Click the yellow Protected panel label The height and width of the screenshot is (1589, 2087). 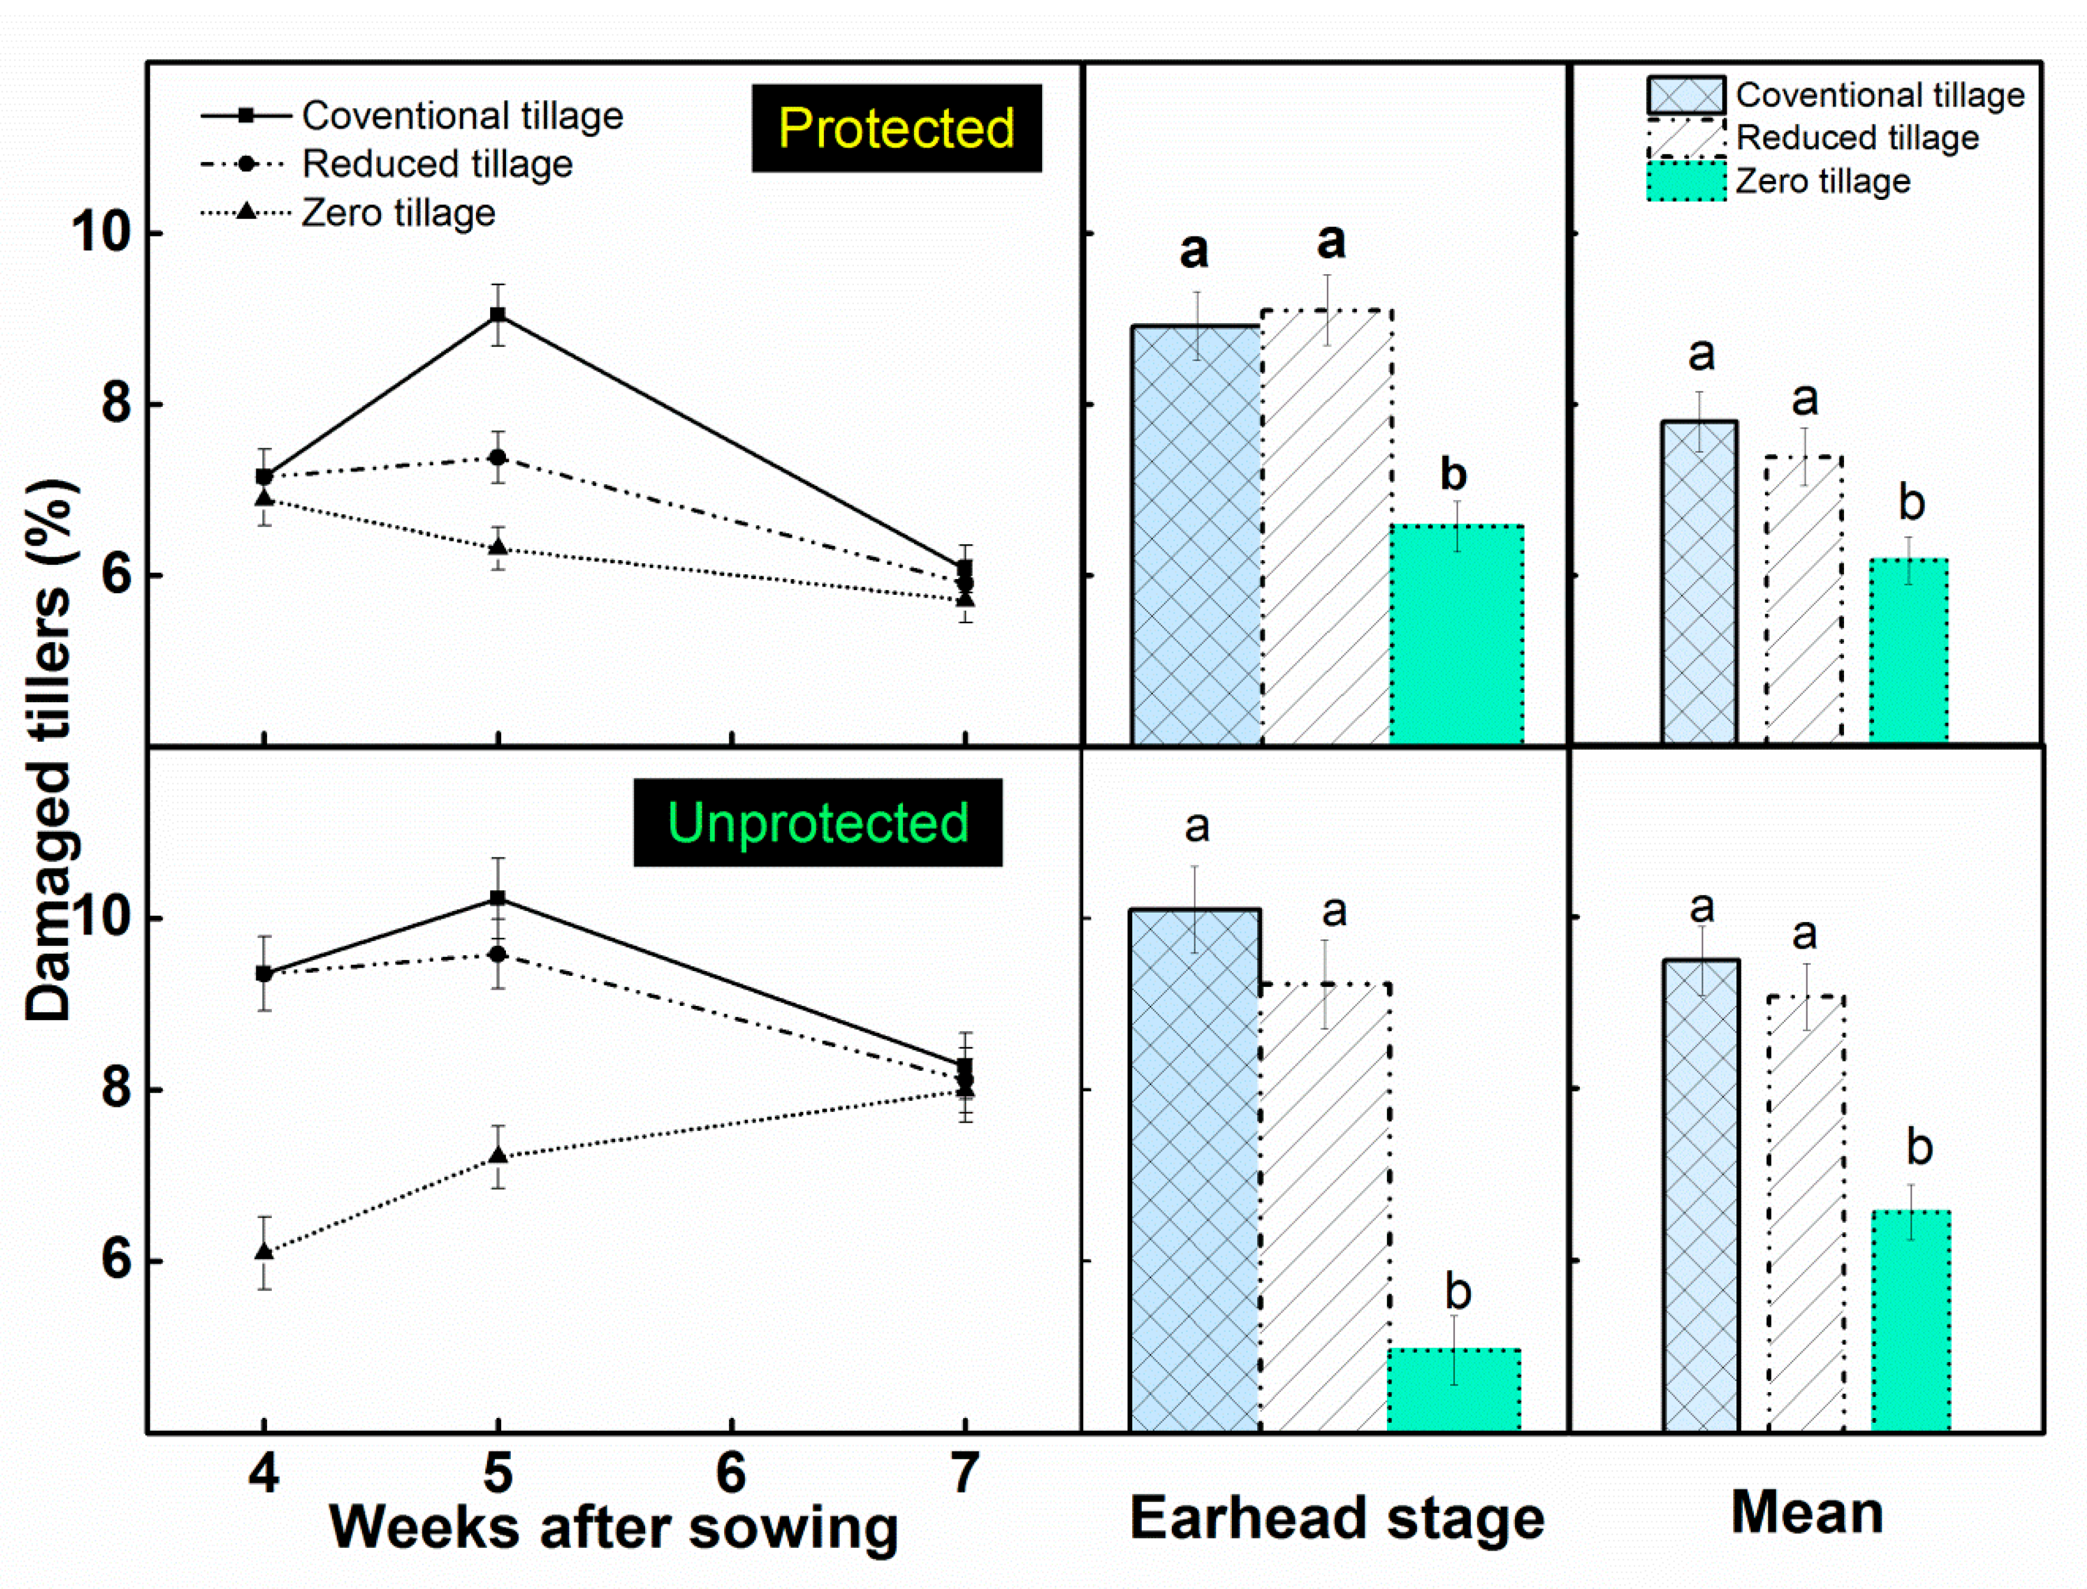tap(895, 129)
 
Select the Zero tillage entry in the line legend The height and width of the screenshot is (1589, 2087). tap(397, 213)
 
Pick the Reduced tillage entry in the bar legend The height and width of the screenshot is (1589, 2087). tap(1856, 138)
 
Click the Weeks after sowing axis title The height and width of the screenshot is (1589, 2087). tap(613, 1527)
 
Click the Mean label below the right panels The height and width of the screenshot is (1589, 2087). tap(1806, 1511)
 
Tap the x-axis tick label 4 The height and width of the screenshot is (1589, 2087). tap(264, 1473)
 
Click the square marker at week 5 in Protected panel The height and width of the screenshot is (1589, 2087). tap(498, 315)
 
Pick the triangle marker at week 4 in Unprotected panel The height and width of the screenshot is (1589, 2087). tap(265, 1251)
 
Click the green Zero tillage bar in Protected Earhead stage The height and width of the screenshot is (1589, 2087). tap(1456, 634)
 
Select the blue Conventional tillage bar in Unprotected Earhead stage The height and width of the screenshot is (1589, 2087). tap(1195, 1173)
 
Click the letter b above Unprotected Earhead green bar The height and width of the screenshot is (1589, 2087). tap(1458, 1292)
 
